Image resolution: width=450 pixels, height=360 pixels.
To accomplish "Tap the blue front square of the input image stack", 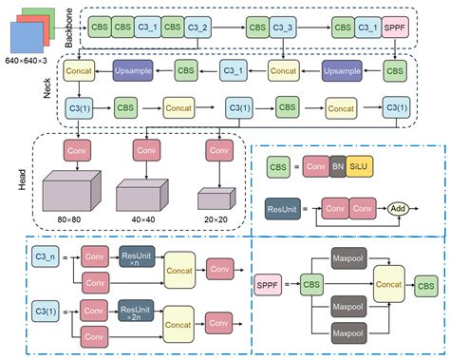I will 26,42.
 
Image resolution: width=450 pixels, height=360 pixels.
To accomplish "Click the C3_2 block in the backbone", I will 198,28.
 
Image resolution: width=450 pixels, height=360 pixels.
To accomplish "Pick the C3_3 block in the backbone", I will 284,28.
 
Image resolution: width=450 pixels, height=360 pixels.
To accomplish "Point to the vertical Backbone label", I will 66,29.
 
